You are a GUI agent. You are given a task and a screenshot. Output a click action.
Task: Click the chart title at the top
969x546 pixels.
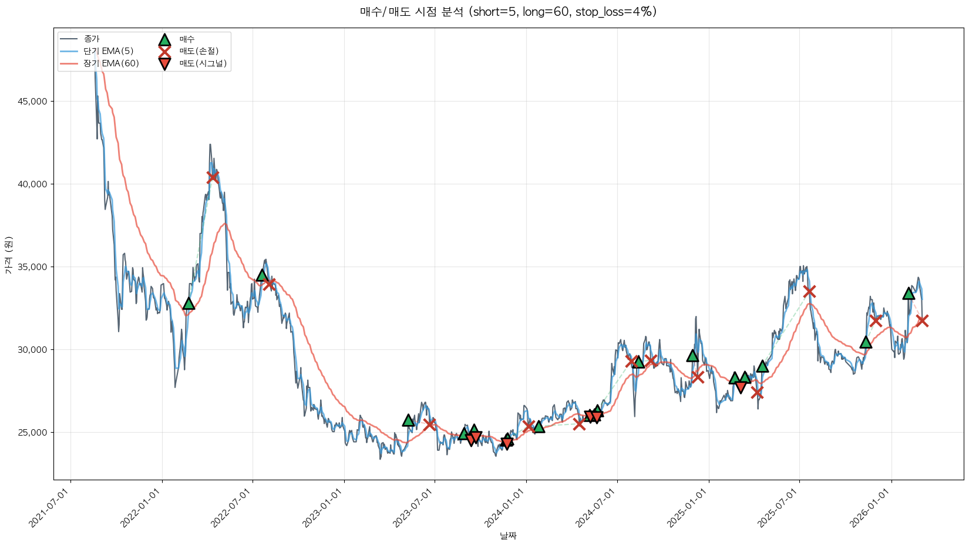(508, 12)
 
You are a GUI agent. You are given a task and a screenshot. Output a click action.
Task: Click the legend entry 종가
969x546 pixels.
(92, 39)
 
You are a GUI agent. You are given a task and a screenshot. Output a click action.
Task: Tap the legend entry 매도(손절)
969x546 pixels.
(198, 51)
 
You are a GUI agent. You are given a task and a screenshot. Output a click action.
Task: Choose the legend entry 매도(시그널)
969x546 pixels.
(203, 63)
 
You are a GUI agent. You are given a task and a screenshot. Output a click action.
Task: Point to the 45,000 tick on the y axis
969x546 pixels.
(33, 102)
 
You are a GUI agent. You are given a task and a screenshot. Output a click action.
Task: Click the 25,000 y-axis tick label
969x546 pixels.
(33, 433)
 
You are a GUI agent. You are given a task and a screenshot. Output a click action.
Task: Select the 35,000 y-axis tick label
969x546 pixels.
(33, 267)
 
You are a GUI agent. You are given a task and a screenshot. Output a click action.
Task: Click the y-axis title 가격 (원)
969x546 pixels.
(8, 255)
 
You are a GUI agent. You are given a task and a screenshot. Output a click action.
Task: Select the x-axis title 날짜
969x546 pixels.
(508, 535)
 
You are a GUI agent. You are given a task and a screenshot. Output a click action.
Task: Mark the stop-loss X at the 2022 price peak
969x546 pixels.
(213, 177)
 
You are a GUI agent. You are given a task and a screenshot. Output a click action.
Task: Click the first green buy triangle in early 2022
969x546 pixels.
(189, 304)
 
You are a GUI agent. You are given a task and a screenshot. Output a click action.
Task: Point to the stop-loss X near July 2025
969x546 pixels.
(809, 291)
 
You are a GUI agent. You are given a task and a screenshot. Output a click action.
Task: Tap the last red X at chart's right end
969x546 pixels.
(922, 321)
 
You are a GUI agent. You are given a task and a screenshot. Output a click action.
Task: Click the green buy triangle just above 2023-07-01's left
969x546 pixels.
(408, 420)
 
